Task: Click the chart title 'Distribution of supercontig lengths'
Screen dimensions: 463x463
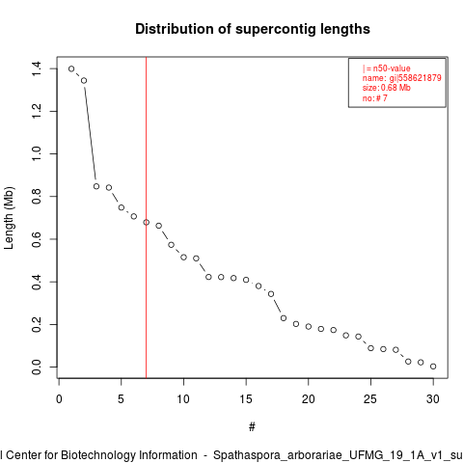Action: pyautogui.click(x=253, y=29)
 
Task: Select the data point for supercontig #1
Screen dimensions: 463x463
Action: pyautogui.click(x=71, y=68)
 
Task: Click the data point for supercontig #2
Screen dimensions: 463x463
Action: pyautogui.click(x=84, y=80)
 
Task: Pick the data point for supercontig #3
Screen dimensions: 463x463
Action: pyautogui.click(x=96, y=186)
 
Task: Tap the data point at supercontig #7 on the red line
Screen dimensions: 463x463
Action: pyautogui.click(x=147, y=222)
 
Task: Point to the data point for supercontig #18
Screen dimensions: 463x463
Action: pyautogui.click(x=284, y=318)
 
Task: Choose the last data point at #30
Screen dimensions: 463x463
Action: pyautogui.click(x=433, y=367)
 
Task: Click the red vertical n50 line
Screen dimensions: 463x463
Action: pyautogui.click(x=147, y=217)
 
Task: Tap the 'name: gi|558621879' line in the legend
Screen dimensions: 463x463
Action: pyautogui.click(x=402, y=78)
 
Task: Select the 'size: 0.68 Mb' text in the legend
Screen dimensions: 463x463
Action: pyautogui.click(x=387, y=88)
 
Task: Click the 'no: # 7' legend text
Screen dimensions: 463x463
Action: pyautogui.click(x=375, y=98)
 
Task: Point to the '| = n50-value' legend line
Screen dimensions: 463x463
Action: pyautogui.click(x=387, y=68)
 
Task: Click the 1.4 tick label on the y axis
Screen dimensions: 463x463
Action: pyautogui.click(x=37, y=68)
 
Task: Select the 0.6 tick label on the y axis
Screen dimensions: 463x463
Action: pyautogui.click(x=37, y=239)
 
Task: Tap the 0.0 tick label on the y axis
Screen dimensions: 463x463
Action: pyautogui.click(x=37, y=367)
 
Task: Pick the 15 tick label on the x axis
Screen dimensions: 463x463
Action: pyautogui.click(x=246, y=399)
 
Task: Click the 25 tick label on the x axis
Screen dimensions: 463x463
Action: pyautogui.click(x=370, y=399)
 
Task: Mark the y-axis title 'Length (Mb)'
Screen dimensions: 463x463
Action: pyautogui.click(x=9, y=218)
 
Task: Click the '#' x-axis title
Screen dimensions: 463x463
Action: pyautogui.click(x=252, y=427)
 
